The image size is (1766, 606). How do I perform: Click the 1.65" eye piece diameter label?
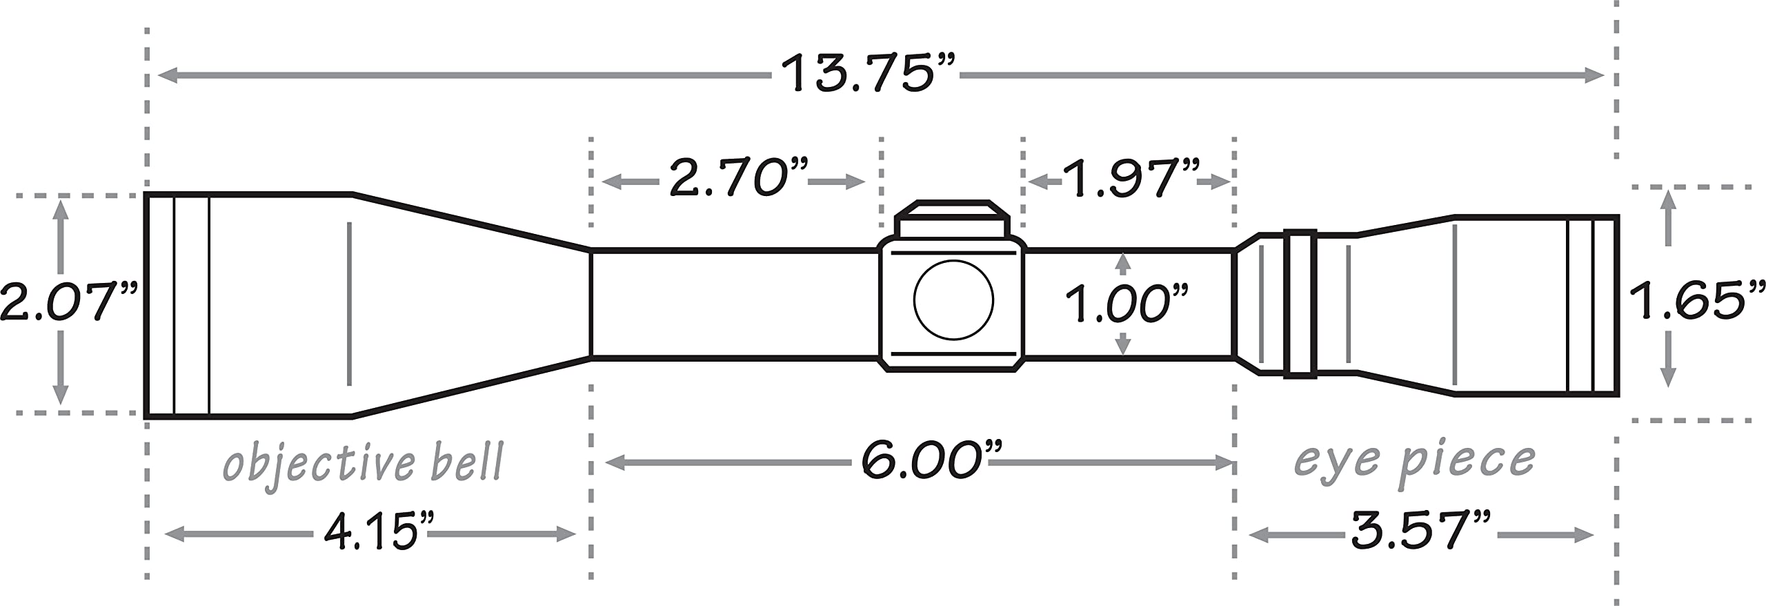coord(1698,300)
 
